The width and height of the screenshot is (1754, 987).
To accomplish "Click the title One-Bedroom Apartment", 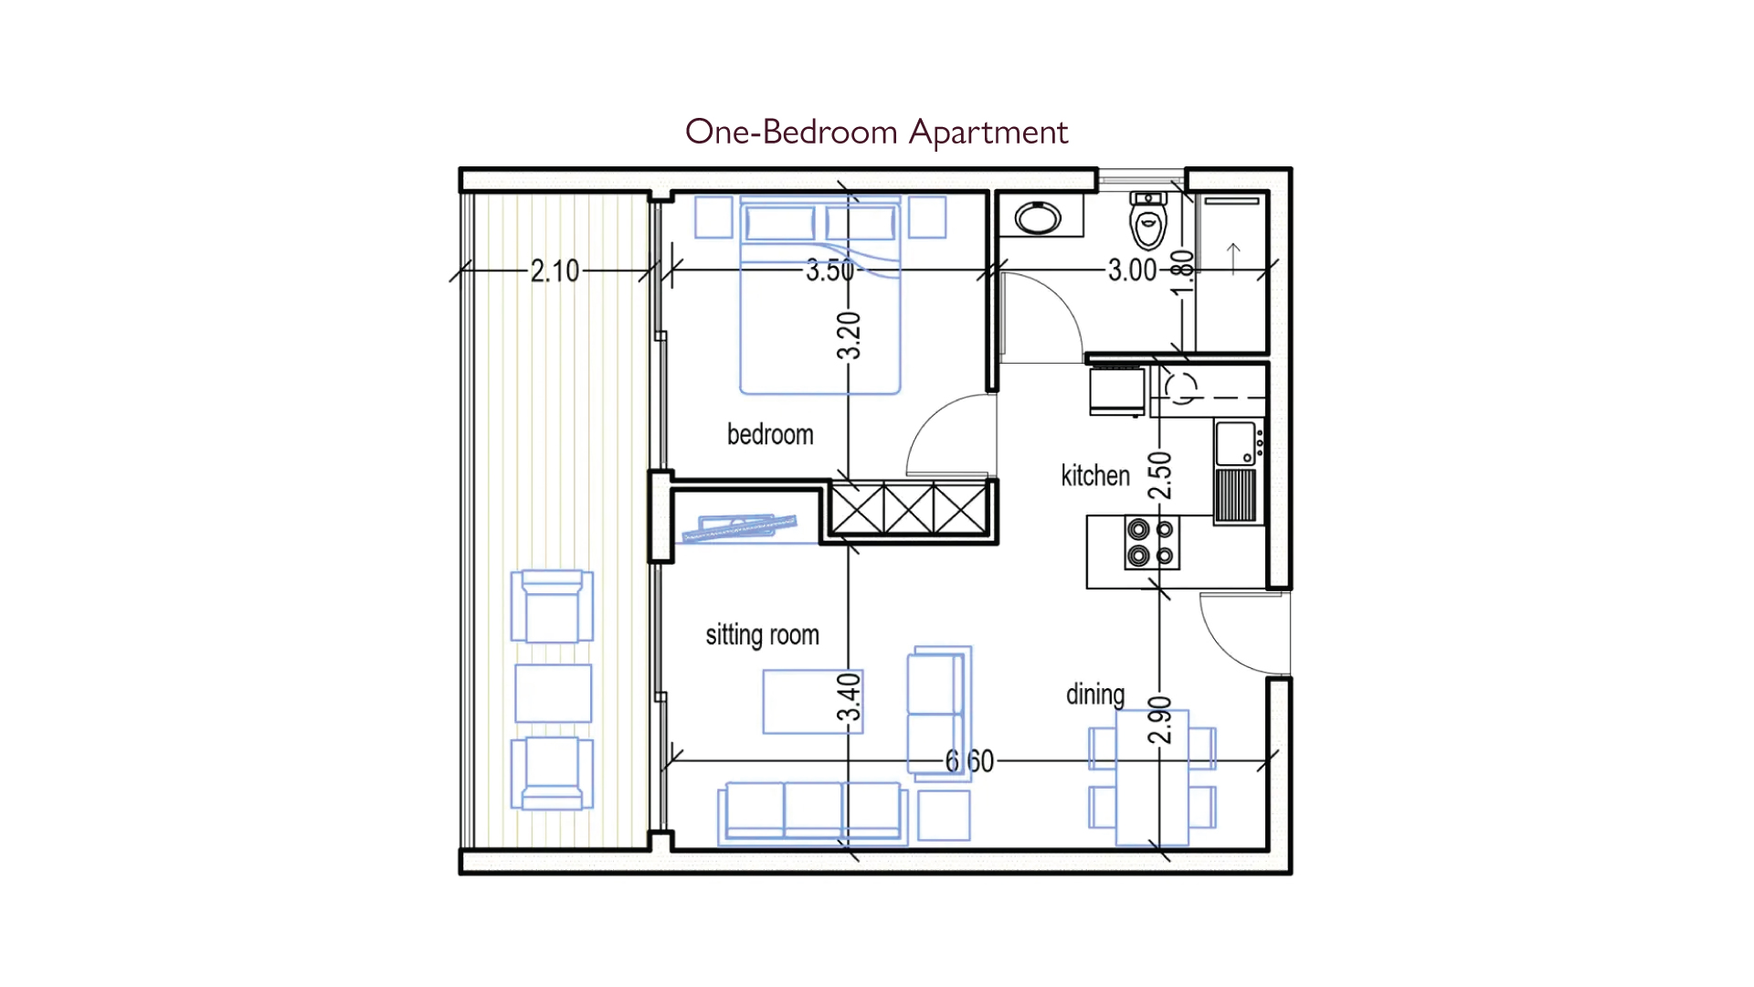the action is click(x=876, y=132).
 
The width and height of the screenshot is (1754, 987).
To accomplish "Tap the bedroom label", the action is click(x=770, y=434).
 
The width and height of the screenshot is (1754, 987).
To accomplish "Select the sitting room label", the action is click(x=762, y=634).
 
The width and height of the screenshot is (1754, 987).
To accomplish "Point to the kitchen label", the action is click(x=1095, y=475).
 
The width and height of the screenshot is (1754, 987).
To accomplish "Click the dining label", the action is click(x=1095, y=695).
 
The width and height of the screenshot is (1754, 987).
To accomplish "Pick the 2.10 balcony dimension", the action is click(x=555, y=271).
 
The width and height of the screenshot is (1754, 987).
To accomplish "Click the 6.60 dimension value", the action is click(x=969, y=760).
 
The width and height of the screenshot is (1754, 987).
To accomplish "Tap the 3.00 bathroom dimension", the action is click(x=1133, y=270).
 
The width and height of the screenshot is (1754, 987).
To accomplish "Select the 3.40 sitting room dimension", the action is click(x=850, y=697).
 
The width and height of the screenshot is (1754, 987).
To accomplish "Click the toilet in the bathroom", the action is click(x=1148, y=220).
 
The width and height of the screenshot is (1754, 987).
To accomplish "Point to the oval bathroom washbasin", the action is click(x=1038, y=218).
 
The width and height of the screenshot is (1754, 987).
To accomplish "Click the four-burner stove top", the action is click(x=1151, y=542).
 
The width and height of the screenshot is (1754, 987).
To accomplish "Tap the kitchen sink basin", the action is click(x=1235, y=444).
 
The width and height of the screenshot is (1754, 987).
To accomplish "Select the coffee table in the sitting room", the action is click(x=813, y=702).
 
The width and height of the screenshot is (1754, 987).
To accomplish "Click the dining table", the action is click(x=1152, y=778).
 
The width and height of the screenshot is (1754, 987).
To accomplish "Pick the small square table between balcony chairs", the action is click(x=553, y=694).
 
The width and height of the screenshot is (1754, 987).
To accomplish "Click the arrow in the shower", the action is click(x=1233, y=259).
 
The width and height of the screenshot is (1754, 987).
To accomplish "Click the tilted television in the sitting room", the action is click(x=739, y=528).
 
